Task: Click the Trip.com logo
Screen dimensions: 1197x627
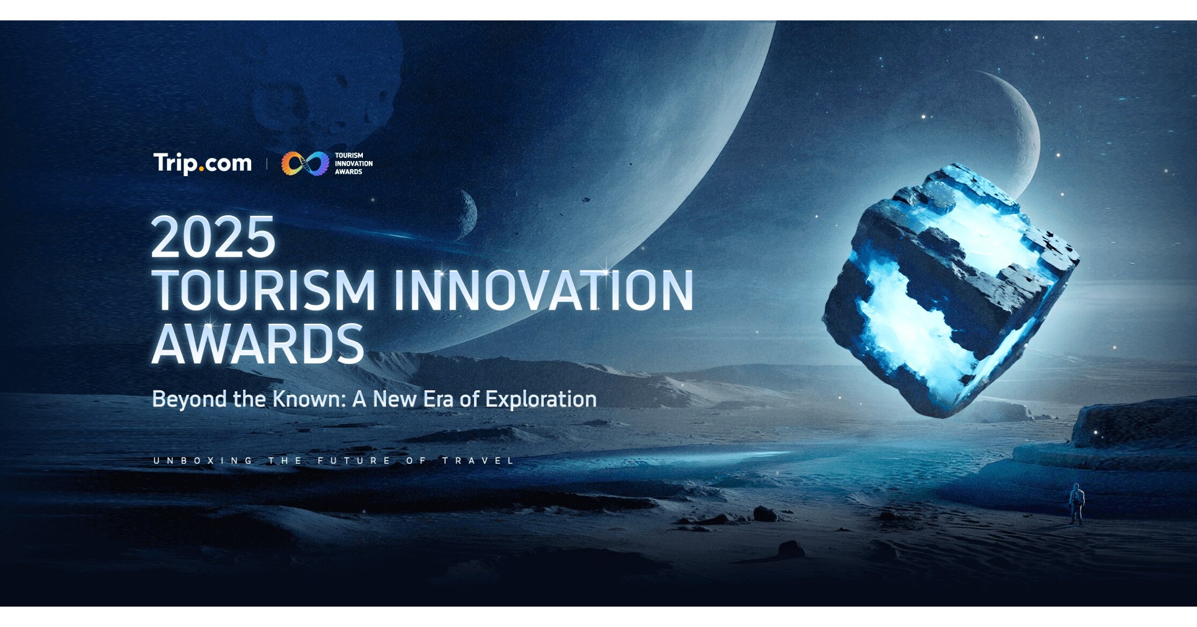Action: click(202, 163)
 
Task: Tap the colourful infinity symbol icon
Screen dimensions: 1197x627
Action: click(305, 163)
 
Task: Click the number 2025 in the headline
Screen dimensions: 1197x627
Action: click(213, 237)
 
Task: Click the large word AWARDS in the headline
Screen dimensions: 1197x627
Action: click(258, 344)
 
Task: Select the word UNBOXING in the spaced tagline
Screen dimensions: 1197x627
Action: click(203, 461)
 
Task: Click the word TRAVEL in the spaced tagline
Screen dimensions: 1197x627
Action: click(478, 461)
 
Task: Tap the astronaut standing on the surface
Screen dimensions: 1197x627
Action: click(1076, 504)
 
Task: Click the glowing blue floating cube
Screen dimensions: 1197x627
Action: click(950, 290)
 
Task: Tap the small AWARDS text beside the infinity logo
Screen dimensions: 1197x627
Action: click(348, 172)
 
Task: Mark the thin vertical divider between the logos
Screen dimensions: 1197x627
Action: click(267, 164)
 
